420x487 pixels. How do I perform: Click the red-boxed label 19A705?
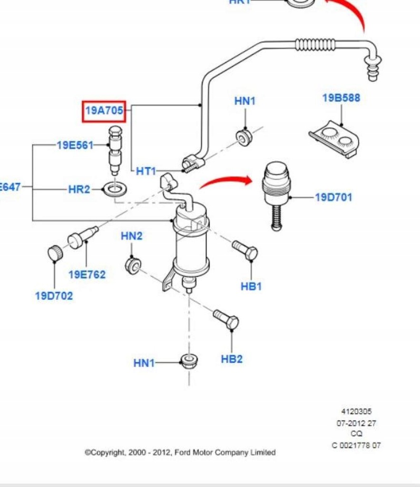pos(104,111)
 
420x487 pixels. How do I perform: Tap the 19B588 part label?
pos(341,98)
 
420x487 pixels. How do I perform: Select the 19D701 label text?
pos(334,197)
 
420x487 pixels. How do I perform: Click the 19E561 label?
pos(75,145)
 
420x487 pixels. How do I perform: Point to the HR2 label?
pos(79,189)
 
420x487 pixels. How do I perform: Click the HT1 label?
pos(146,171)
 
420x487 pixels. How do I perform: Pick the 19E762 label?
pos(87,274)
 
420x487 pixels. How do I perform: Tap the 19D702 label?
pos(54,296)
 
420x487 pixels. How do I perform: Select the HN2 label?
pos(131,236)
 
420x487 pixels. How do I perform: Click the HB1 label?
pos(251,286)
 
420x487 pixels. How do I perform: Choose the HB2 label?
pos(232,359)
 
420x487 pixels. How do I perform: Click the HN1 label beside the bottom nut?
pos(144,363)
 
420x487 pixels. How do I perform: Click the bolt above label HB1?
pos(245,250)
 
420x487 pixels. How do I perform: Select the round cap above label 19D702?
pos(56,253)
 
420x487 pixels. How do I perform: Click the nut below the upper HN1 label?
pos(244,137)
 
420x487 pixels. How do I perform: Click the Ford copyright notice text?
pos(180,453)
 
